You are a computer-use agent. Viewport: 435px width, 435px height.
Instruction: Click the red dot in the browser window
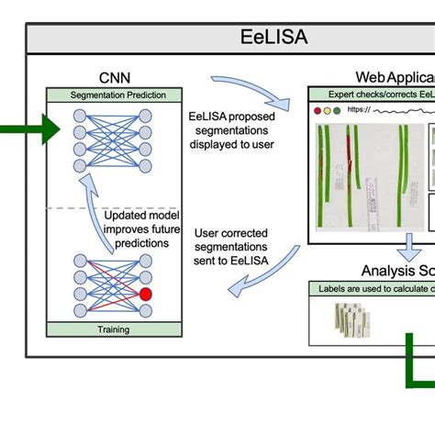pyautogui.click(x=318, y=110)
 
